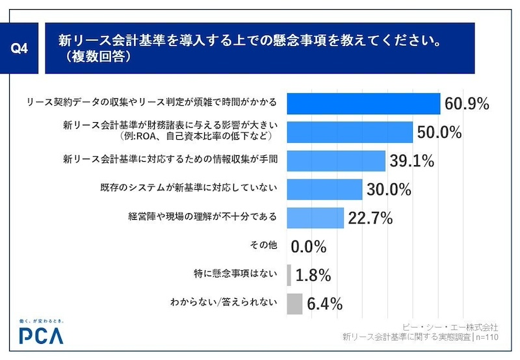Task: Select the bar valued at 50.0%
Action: click(x=350, y=132)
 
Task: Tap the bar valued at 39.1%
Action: click(x=336, y=161)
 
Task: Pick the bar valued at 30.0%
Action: click(x=324, y=189)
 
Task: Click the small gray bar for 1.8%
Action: click(x=289, y=275)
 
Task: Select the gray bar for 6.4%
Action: click(x=294, y=303)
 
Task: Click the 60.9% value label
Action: click(x=467, y=103)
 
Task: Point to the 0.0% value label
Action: click(x=309, y=246)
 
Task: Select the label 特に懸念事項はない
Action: click(x=233, y=274)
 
